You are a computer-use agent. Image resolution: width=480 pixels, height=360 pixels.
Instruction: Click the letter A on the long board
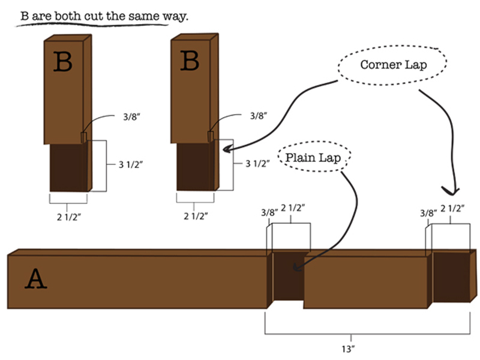point(36,278)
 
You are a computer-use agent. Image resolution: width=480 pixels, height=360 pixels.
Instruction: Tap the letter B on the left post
point(63,62)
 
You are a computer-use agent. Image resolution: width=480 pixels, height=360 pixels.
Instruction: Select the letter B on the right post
point(190,61)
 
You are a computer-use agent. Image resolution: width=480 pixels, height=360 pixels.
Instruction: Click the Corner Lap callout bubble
point(392,65)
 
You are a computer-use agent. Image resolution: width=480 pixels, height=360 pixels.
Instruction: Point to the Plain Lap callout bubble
point(314,157)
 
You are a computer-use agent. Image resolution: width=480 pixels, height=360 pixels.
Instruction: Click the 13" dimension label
point(349,349)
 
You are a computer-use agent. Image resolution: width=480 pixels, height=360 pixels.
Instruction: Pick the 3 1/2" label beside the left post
point(131,164)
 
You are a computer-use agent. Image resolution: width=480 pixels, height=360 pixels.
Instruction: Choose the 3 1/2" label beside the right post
point(257,164)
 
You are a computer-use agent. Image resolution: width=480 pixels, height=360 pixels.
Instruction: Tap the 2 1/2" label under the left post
point(69,217)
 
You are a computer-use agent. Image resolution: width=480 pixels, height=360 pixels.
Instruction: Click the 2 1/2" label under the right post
point(196,216)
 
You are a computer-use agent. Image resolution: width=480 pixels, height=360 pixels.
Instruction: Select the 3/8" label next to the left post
point(131,116)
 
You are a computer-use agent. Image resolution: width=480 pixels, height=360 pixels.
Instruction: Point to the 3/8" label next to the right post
point(259,116)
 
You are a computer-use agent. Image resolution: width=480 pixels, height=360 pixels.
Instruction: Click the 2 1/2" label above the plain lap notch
point(293,208)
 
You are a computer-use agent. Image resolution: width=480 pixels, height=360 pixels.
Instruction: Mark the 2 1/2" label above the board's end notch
point(452,208)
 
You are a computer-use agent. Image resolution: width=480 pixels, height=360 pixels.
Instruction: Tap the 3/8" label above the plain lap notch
point(269,212)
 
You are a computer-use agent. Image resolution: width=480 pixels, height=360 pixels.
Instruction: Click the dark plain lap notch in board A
point(289,276)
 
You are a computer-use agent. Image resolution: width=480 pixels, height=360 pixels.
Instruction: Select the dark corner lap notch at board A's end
point(452,277)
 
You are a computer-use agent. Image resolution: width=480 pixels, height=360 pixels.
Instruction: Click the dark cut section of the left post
point(69,168)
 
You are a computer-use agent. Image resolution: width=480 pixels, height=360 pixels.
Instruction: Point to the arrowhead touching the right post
point(227,149)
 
